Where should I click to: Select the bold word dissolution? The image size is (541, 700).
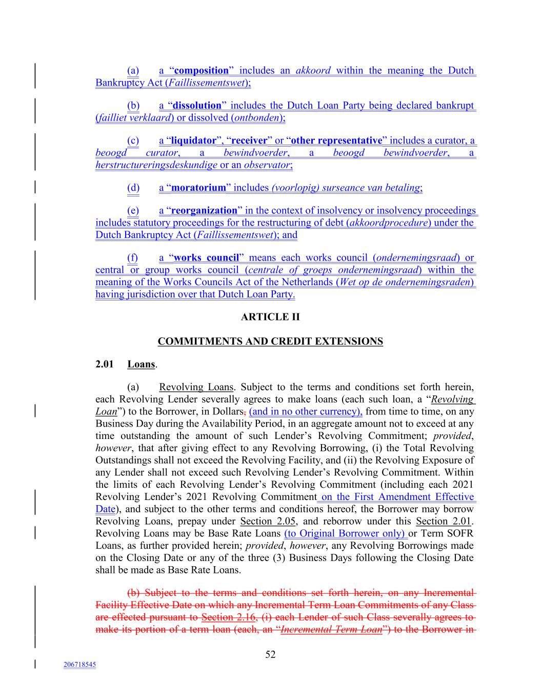[197, 106]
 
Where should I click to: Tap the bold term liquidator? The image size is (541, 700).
[194, 141]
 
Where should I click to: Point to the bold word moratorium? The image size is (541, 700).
[198, 188]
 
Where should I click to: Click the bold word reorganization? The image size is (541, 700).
[204, 211]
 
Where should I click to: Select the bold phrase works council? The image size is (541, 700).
[207, 258]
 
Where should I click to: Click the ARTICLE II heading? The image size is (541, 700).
[270, 317]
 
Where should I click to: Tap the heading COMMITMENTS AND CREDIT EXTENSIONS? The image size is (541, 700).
[270, 342]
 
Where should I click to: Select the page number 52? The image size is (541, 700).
[270, 655]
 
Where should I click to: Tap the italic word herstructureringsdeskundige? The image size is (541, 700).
[156, 165]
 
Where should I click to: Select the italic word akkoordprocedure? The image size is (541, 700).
[389, 223]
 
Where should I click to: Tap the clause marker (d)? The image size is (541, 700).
[133, 188]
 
